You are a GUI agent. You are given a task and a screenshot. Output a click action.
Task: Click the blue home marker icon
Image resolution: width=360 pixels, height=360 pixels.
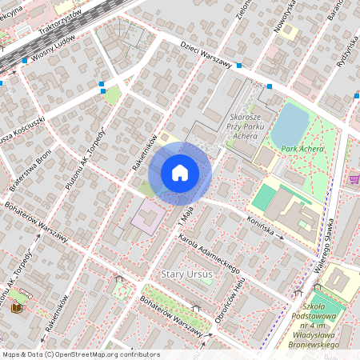[x=180, y=172]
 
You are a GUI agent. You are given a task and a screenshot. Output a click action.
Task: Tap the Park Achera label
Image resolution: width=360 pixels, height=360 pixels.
[x=302, y=149]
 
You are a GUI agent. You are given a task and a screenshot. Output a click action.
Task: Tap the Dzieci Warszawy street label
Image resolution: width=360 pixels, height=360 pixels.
[x=206, y=54]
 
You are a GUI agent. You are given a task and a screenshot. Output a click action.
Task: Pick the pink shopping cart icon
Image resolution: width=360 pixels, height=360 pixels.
[x=354, y=179]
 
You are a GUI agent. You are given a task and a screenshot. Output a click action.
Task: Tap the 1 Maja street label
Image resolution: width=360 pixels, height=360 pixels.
[x=186, y=213]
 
